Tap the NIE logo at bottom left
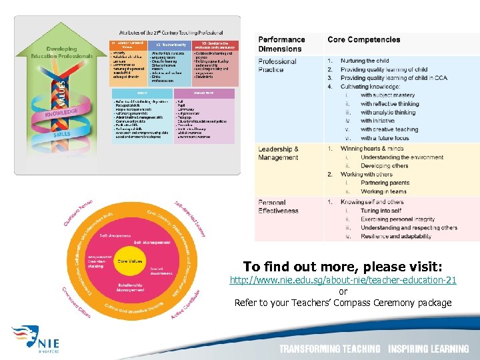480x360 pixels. (37, 339)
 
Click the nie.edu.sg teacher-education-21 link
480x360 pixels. (343, 280)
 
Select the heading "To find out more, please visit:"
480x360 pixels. (343, 266)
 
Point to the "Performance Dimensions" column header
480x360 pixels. (281, 44)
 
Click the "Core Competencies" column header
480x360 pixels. (363, 40)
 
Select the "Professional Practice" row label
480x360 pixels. (277, 65)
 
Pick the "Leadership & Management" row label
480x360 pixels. (279, 153)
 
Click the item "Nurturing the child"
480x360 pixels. (365, 61)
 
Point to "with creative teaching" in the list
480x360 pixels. (389, 129)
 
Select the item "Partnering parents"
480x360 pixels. (385, 183)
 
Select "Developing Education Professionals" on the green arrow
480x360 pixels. (61, 53)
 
